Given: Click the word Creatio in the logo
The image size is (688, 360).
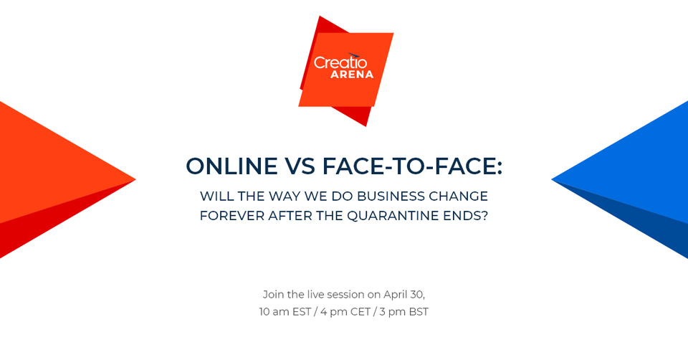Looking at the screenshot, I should tap(340, 62).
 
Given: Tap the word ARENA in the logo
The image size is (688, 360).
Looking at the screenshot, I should tap(351, 75).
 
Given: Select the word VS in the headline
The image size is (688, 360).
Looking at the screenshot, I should tap(300, 166).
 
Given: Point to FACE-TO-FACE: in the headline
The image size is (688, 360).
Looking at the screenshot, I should tap(412, 166).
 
